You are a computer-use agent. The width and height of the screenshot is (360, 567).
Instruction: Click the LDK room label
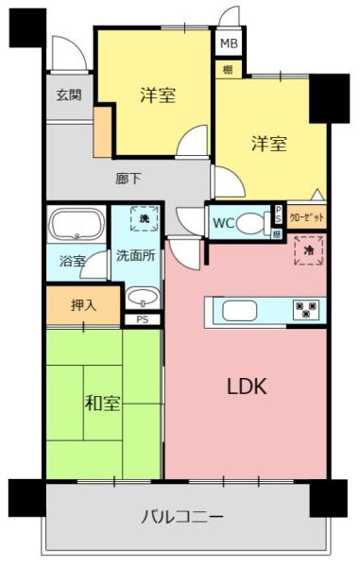248,386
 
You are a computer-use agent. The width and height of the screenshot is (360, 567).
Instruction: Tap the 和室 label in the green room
102,404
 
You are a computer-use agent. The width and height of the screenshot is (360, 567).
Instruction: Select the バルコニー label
182,517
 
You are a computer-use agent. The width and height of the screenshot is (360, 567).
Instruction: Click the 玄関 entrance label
68,94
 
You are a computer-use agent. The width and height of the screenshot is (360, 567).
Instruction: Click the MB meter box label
229,43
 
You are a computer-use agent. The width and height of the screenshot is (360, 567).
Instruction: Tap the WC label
224,224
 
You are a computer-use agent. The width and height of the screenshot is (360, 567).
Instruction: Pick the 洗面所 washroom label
137,255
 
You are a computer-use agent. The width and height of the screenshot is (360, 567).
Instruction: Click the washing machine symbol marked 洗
144,219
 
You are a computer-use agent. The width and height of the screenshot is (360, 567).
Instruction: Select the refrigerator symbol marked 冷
308,250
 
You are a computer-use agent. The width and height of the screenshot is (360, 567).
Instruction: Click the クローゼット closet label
307,217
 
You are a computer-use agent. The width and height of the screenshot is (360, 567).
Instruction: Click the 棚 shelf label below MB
228,69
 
